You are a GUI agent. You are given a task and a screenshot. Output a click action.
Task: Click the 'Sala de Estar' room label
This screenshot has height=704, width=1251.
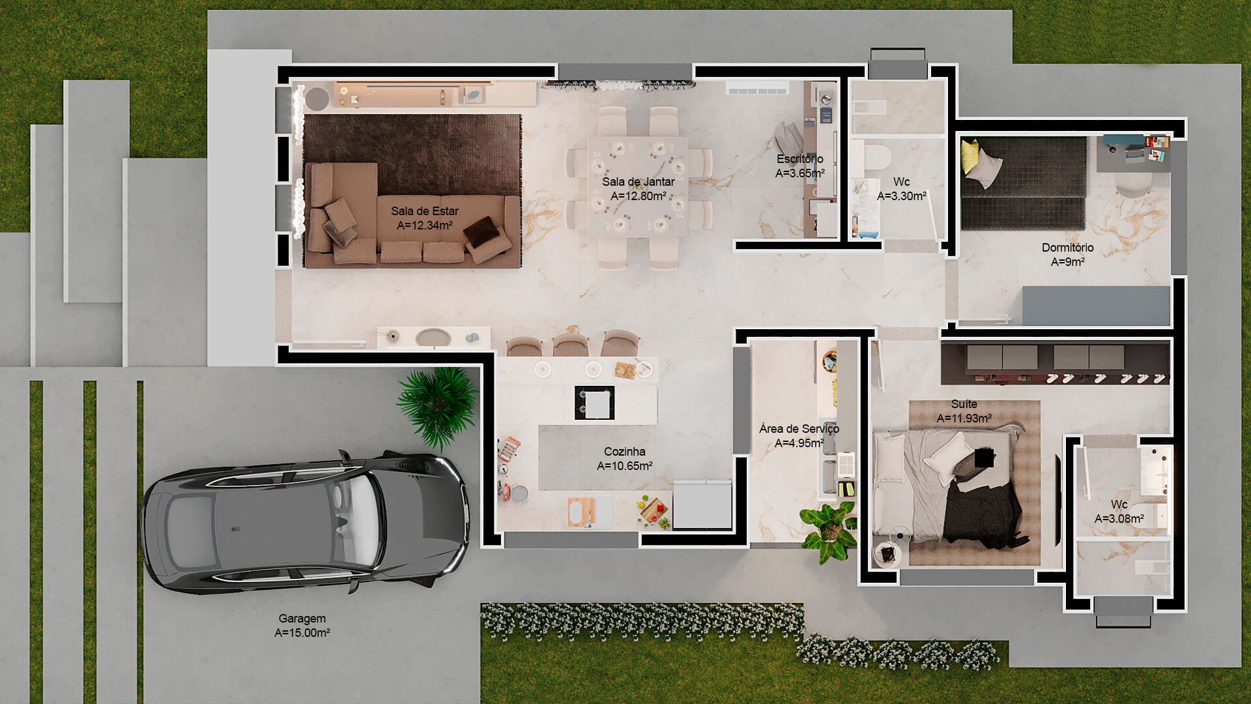point(424,211)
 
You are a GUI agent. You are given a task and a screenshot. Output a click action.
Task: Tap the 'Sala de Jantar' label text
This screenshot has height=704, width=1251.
point(638,182)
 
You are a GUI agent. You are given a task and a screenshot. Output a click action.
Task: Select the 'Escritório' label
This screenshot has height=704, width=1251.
point(799,159)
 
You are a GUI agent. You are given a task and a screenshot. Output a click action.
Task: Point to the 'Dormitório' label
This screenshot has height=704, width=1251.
point(1067,248)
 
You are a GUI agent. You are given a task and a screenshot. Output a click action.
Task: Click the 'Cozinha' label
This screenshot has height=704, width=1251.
point(624,452)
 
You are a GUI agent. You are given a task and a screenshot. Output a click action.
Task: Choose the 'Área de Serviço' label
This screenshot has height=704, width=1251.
point(799,428)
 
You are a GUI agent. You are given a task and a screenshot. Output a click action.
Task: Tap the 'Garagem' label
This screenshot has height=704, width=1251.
point(302,619)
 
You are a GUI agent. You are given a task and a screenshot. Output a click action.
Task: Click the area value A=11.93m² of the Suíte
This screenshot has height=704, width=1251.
point(964,418)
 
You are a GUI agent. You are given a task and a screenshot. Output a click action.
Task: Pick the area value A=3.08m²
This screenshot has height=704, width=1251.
point(1119,519)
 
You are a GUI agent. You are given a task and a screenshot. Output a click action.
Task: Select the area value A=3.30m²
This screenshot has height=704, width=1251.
point(901,196)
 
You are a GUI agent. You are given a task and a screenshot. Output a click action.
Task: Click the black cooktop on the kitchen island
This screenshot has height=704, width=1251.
point(594,403)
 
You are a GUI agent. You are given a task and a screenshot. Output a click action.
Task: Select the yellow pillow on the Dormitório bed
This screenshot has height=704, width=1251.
point(970,154)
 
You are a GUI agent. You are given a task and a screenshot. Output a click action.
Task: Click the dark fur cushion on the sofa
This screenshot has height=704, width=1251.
point(483,232)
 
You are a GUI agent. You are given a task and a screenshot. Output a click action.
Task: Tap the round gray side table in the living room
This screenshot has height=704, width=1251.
point(317,99)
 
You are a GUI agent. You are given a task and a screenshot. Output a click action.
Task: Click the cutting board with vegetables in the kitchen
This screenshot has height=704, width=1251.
point(654,510)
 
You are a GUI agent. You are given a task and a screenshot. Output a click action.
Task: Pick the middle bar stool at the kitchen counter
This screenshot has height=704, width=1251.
point(570,344)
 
